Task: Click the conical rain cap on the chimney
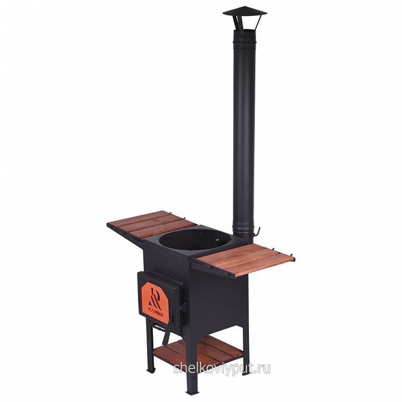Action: click(x=244, y=12)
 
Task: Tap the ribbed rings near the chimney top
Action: click(x=244, y=45)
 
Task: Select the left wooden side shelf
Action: click(x=151, y=225)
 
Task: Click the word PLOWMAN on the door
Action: click(x=156, y=313)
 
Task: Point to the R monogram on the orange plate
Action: click(x=156, y=297)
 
